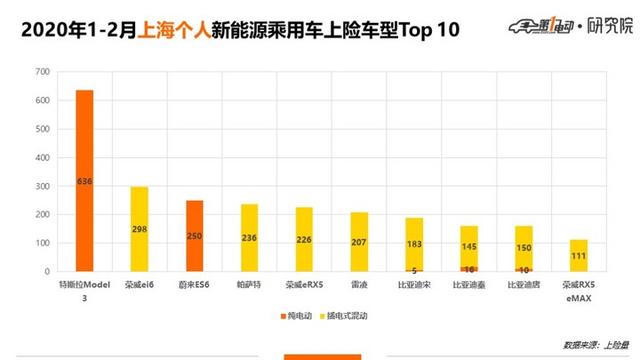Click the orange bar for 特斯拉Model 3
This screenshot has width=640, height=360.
85,181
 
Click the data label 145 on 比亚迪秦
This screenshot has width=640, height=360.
469,246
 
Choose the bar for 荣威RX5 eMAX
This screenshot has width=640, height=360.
579,256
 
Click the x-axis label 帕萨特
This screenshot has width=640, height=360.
249,286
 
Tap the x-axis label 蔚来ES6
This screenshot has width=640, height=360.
194,286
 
